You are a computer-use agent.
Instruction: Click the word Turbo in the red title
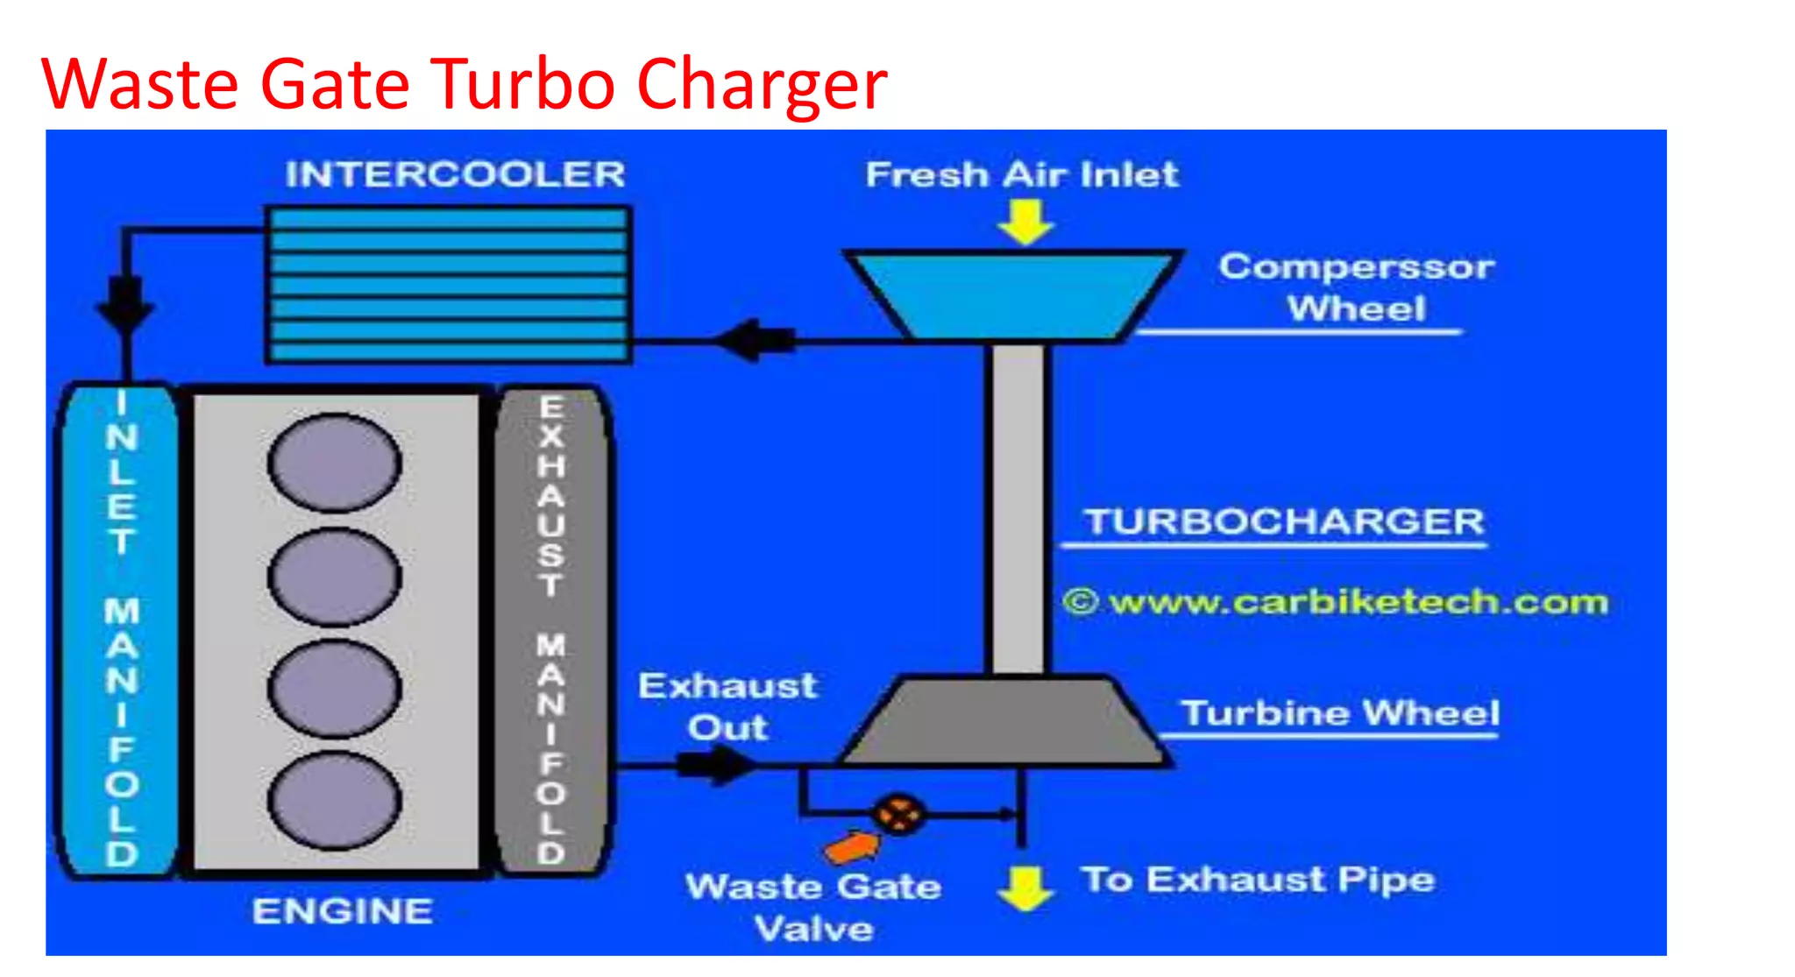pos(521,84)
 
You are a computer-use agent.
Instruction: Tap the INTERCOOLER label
pos(455,174)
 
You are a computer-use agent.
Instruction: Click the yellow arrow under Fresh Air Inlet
pos(1025,222)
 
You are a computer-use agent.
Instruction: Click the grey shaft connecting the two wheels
pos(1018,508)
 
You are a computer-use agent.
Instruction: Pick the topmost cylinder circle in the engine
pos(335,463)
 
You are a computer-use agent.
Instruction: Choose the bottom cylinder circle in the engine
pos(335,800)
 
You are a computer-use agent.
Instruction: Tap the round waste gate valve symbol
pos(898,814)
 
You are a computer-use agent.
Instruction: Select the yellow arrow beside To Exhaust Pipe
pos(1025,887)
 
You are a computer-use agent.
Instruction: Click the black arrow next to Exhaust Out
pos(714,765)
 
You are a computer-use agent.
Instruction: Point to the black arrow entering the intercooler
pos(754,340)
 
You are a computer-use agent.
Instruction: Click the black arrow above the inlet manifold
pos(125,302)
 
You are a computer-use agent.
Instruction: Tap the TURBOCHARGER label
pos(1284,522)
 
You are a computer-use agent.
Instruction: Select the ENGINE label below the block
pos(343,911)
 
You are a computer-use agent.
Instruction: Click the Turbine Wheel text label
pos(1339,713)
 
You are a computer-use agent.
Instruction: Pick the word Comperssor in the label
pos(1356,266)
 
